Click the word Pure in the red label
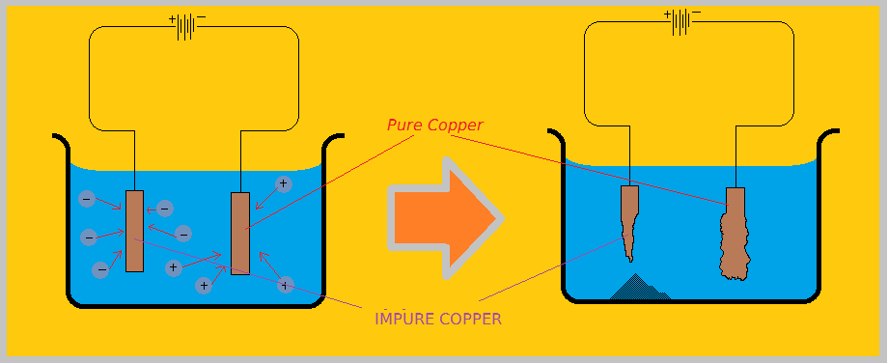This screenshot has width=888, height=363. (x=403, y=126)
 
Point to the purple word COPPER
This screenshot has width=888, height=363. (x=470, y=319)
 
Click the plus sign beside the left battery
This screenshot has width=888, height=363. (x=173, y=18)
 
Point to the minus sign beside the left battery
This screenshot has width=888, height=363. (x=202, y=17)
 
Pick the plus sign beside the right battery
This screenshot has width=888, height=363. (x=666, y=14)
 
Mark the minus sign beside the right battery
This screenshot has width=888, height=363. (x=696, y=13)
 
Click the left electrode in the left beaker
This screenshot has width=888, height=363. (x=134, y=231)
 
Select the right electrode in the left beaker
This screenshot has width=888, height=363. (x=240, y=233)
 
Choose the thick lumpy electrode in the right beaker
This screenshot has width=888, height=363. (x=735, y=233)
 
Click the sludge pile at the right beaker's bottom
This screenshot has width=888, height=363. (x=636, y=288)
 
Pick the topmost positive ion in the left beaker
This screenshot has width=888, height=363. (x=283, y=183)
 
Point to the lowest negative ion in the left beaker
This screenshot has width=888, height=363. (x=100, y=269)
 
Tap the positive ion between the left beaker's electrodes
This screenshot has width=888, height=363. (x=173, y=267)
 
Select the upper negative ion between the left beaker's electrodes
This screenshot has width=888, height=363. (x=165, y=208)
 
